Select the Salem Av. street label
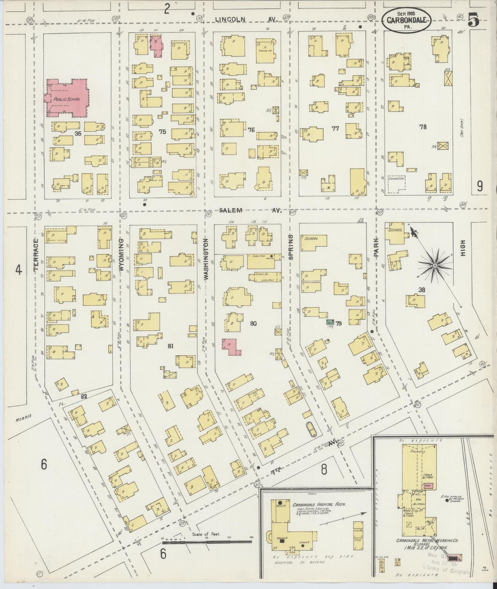click(x=250, y=210)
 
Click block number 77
click(x=335, y=129)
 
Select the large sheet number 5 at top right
click(x=473, y=21)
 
